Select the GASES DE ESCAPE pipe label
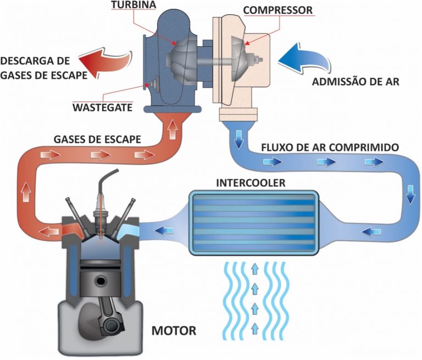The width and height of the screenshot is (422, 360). (97, 140)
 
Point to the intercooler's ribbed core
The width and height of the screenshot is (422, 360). (253, 223)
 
